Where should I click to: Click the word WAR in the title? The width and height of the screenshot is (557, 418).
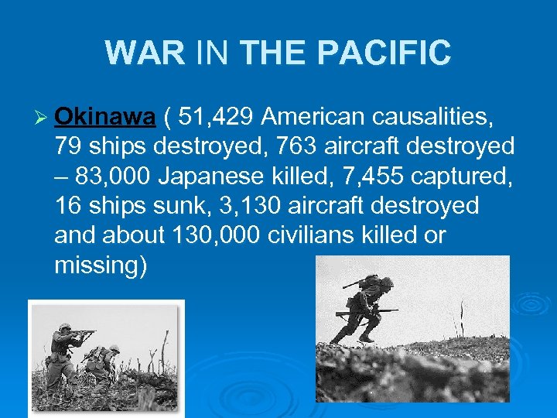pos(145,53)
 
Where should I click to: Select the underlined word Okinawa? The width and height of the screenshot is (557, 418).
pos(106,117)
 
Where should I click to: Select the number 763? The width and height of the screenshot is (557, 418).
pos(281,146)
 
